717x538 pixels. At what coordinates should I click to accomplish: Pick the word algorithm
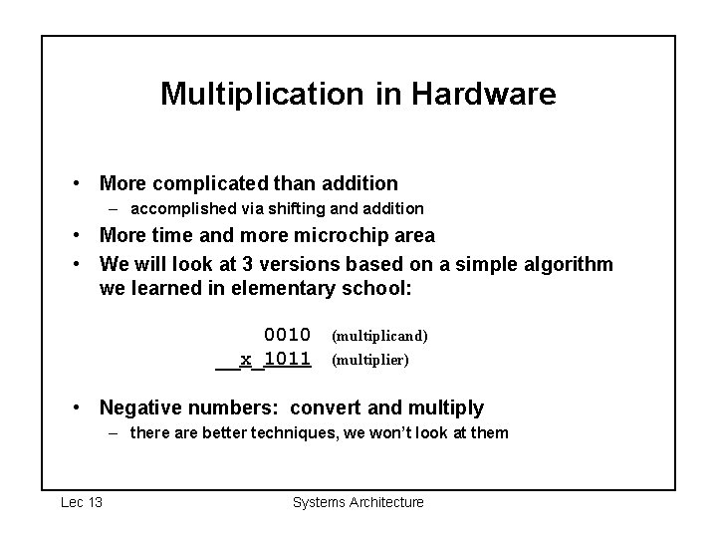click(570, 264)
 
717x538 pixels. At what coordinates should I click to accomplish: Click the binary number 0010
click(287, 335)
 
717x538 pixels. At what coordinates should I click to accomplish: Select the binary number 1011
click(287, 359)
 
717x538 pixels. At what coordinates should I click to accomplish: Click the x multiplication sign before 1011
click(246, 359)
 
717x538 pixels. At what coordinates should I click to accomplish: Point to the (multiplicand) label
click(379, 336)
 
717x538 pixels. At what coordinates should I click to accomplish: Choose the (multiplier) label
click(369, 360)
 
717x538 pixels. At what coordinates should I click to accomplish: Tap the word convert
click(338, 407)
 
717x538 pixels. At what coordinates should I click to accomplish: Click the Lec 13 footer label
click(82, 502)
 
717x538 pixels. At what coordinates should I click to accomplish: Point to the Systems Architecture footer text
click(358, 502)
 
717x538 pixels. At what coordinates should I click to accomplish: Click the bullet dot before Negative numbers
click(76, 407)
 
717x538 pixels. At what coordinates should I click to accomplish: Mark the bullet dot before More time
click(76, 236)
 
